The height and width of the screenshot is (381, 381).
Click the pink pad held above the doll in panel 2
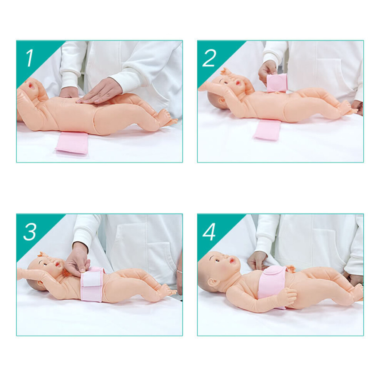click(276, 84)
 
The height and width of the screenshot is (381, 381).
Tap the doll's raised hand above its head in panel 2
click(226, 72)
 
